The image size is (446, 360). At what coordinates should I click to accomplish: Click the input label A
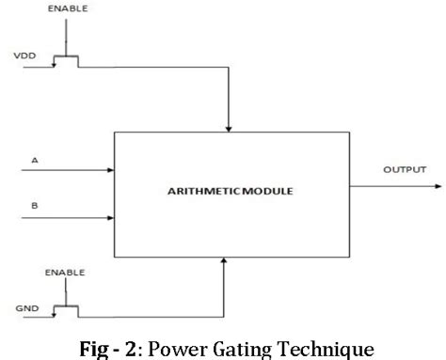pyautogui.click(x=35, y=161)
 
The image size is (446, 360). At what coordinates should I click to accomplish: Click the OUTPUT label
pyautogui.click(x=405, y=170)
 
